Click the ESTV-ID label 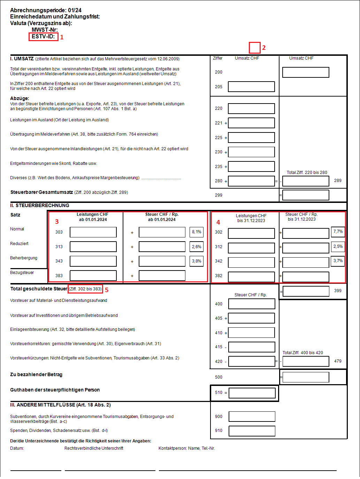[43, 37]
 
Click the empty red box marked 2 [254, 48]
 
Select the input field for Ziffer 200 [306, 73]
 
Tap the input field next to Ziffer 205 [251, 87]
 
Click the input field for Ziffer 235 [251, 167]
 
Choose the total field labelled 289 [306, 181]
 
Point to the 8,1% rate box [197, 232]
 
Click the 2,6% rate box [197, 247]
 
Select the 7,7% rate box [338, 232]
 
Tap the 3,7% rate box [338, 261]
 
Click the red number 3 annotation [57, 222]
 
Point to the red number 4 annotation [218, 222]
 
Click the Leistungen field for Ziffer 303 [93, 232]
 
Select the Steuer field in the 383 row [162, 276]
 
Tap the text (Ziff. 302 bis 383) [85, 289]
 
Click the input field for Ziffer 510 [252, 393]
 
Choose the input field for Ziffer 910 [252, 431]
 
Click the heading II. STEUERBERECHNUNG [40, 206]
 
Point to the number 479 [338, 361]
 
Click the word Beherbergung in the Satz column [24, 258]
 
